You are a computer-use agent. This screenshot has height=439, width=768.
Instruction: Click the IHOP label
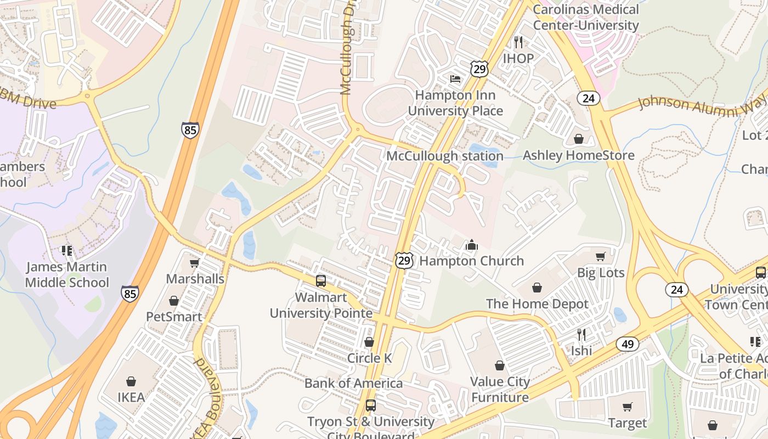click(x=518, y=58)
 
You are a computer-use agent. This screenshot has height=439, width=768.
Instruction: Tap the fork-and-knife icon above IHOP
click(x=518, y=42)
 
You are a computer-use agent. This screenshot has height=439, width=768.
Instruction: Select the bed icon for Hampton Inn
click(x=455, y=79)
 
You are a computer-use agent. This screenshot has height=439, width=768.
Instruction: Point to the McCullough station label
click(x=445, y=156)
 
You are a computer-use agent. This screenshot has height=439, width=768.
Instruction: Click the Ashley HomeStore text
click(x=579, y=155)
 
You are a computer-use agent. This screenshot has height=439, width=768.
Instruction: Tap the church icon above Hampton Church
click(x=471, y=245)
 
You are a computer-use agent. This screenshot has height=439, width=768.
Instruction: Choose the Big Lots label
click(x=601, y=273)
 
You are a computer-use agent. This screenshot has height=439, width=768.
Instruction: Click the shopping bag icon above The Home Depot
click(x=537, y=288)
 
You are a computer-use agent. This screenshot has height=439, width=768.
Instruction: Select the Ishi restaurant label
click(x=581, y=350)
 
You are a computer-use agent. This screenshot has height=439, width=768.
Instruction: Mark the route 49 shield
click(x=627, y=344)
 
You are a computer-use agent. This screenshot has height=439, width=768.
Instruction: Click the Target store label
click(x=628, y=423)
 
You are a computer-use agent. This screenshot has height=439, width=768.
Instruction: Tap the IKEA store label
click(x=131, y=397)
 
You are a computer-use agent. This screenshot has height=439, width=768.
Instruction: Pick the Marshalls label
click(x=195, y=279)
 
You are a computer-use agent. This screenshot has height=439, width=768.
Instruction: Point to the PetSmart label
click(x=174, y=317)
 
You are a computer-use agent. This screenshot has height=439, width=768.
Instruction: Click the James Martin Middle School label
click(x=67, y=275)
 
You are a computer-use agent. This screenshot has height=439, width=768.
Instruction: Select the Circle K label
click(x=369, y=358)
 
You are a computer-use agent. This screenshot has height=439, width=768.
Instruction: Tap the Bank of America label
click(x=354, y=383)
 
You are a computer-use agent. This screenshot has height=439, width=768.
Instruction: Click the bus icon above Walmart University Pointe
click(x=321, y=281)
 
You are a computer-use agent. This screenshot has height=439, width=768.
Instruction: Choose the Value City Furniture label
click(x=500, y=390)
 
